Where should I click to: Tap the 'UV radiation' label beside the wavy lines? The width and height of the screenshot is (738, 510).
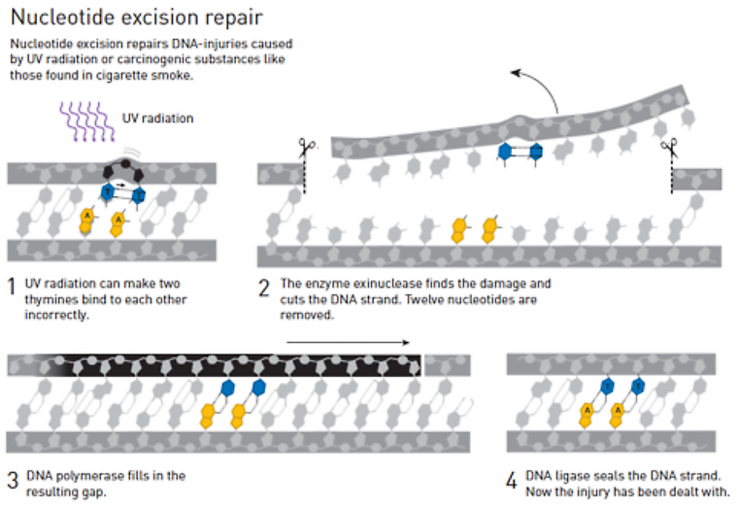(x=158, y=119)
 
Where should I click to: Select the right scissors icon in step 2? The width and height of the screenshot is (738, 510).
(x=670, y=148)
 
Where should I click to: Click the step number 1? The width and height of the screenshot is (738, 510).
(x=12, y=287)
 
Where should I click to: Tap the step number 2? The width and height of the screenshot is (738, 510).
(x=264, y=287)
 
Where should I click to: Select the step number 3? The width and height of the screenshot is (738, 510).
(x=12, y=479)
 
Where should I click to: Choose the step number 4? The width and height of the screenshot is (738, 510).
(x=512, y=479)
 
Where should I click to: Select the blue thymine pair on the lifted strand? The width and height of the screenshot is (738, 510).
(x=519, y=151)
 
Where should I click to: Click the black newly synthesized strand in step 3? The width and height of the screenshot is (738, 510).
(x=233, y=364)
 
